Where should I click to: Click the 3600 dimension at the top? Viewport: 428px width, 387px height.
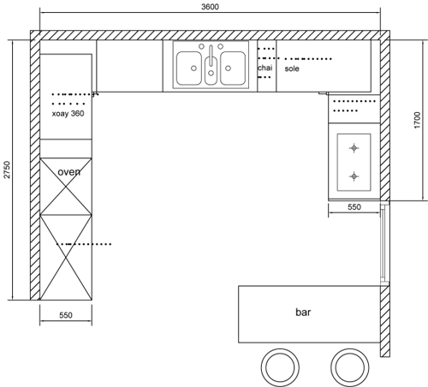coord(210,7)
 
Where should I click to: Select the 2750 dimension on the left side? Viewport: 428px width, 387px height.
coord(7,170)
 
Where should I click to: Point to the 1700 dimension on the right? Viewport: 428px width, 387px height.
coord(417,120)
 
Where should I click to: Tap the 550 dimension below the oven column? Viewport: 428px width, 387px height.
coord(66,315)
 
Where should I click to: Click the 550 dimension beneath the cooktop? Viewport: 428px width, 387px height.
coord(354,207)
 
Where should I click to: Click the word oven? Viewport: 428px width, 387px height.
coord(69,172)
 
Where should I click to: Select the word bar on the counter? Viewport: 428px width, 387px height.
coord(303,312)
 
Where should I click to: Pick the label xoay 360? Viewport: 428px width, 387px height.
coord(68,114)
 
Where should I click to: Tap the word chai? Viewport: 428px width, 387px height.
coord(265,68)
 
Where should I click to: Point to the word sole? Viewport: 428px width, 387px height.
coord(292,68)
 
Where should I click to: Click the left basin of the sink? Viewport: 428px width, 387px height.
coord(189,68)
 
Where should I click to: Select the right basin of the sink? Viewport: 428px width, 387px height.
coord(233,68)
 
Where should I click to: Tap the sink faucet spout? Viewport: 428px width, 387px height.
coord(211,55)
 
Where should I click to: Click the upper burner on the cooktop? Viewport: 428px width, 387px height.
coord(354,148)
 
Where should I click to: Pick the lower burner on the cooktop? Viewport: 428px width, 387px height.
coord(354,176)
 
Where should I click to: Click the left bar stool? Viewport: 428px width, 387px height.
coord(280,367)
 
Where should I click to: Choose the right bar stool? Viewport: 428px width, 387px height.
coord(350,367)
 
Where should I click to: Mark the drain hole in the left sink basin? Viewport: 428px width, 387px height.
coord(193,68)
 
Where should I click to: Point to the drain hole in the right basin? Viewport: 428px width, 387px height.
coord(228,68)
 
